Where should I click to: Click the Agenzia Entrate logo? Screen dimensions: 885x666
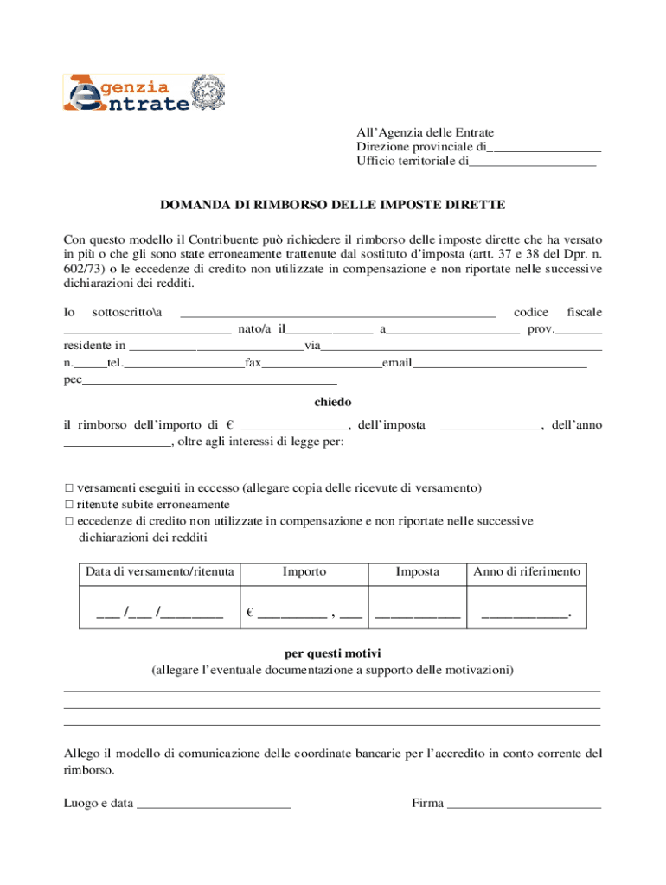[x=125, y=94]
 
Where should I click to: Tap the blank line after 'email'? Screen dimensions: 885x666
[x=499, y=364]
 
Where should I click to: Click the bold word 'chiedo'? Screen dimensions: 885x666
[x=332, y=402]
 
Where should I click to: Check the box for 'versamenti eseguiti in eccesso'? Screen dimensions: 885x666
[x=69, y=488]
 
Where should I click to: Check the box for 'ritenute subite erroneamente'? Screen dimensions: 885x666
[x=69, y=505]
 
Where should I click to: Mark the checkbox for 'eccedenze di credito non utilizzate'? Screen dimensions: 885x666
[x=69, y=521]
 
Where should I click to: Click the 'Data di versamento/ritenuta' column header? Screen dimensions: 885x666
[x=160, y=572]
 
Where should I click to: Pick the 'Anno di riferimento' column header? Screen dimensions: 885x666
[x=527, y=572]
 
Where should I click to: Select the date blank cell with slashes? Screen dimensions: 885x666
[x=160, y=614]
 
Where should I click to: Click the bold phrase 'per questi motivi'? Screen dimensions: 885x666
[x=332, y=653]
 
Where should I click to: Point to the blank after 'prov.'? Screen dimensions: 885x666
[x=580, y=330]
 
